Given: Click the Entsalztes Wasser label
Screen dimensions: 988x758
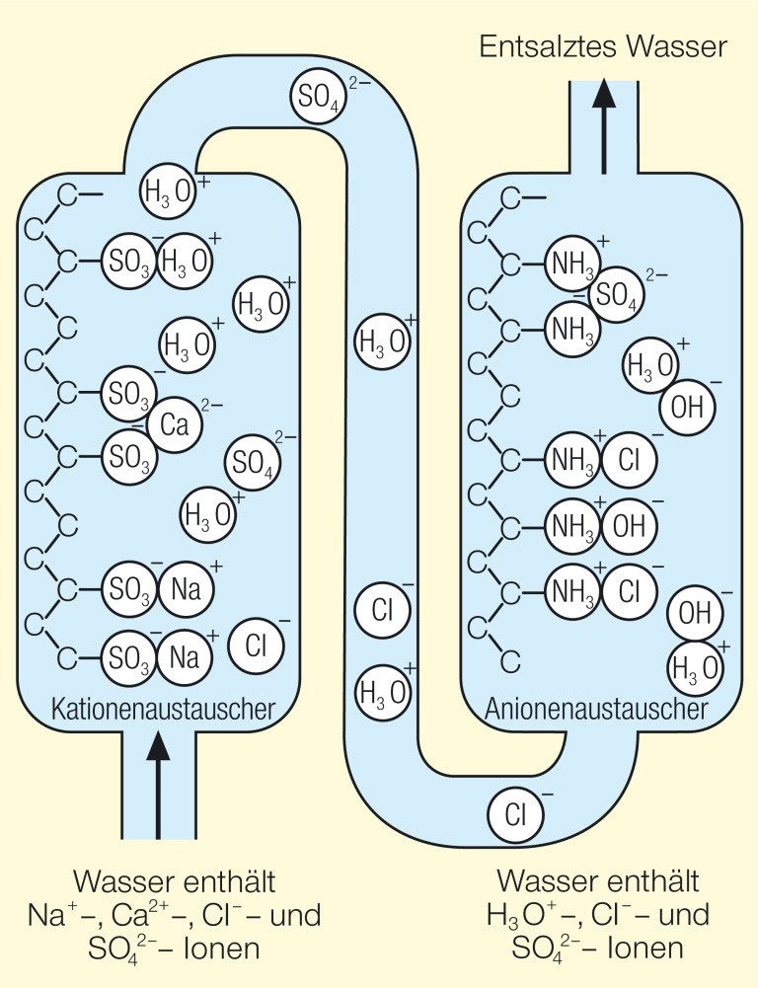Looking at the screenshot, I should pyautogui.click(x=602, y=46).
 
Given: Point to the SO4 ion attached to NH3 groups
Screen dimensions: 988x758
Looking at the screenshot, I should pyautogui.click(x=617, y=293).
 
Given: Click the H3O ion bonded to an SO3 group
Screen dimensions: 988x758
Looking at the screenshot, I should pyautogui.click(x=185, y=262).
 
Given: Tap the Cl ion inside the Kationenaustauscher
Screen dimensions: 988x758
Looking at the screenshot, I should pyautogui.click(x=256, y=646).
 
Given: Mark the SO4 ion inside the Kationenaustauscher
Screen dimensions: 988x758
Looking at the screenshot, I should pyautogui.click(x=253, y=460).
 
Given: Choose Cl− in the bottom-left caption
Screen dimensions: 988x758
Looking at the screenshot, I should pyautogui.click(x=242, y=914).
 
